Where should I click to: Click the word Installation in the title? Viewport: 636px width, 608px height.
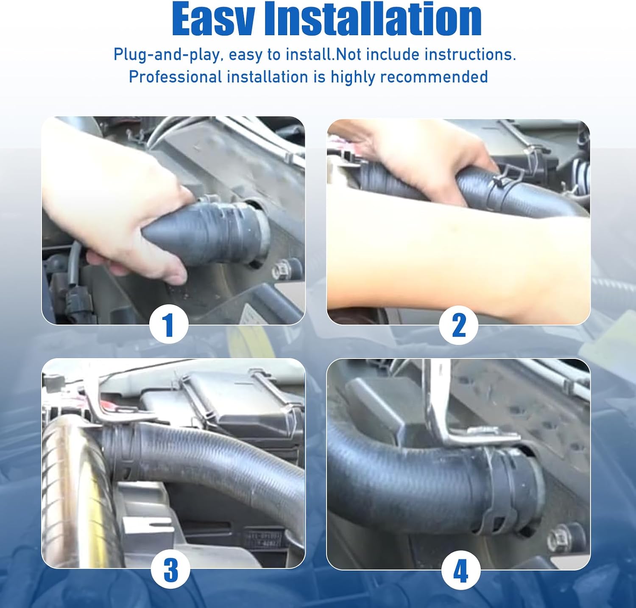tap(373, 19)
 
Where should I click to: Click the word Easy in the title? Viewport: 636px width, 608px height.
tap(214, 19)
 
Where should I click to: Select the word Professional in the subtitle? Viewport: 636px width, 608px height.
tap(175, 77)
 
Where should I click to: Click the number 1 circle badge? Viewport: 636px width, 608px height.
tap(169, 325)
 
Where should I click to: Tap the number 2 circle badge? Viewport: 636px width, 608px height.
tap(459, 325)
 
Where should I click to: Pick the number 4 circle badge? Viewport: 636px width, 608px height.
tap(461, 570)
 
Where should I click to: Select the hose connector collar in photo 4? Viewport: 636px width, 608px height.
tap(511, 488)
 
